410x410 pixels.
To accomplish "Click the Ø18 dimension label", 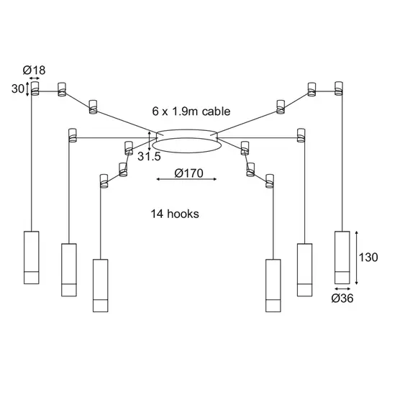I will [x=35, y=70].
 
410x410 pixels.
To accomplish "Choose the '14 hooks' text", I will [x=175, y=214].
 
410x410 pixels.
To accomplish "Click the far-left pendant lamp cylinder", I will [x=31, y=258].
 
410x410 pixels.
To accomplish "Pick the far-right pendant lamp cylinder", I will [x=342, y=258].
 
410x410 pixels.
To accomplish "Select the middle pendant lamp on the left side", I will [x=68, y=270].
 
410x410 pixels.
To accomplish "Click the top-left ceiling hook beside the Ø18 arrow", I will [x=34, y=88].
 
